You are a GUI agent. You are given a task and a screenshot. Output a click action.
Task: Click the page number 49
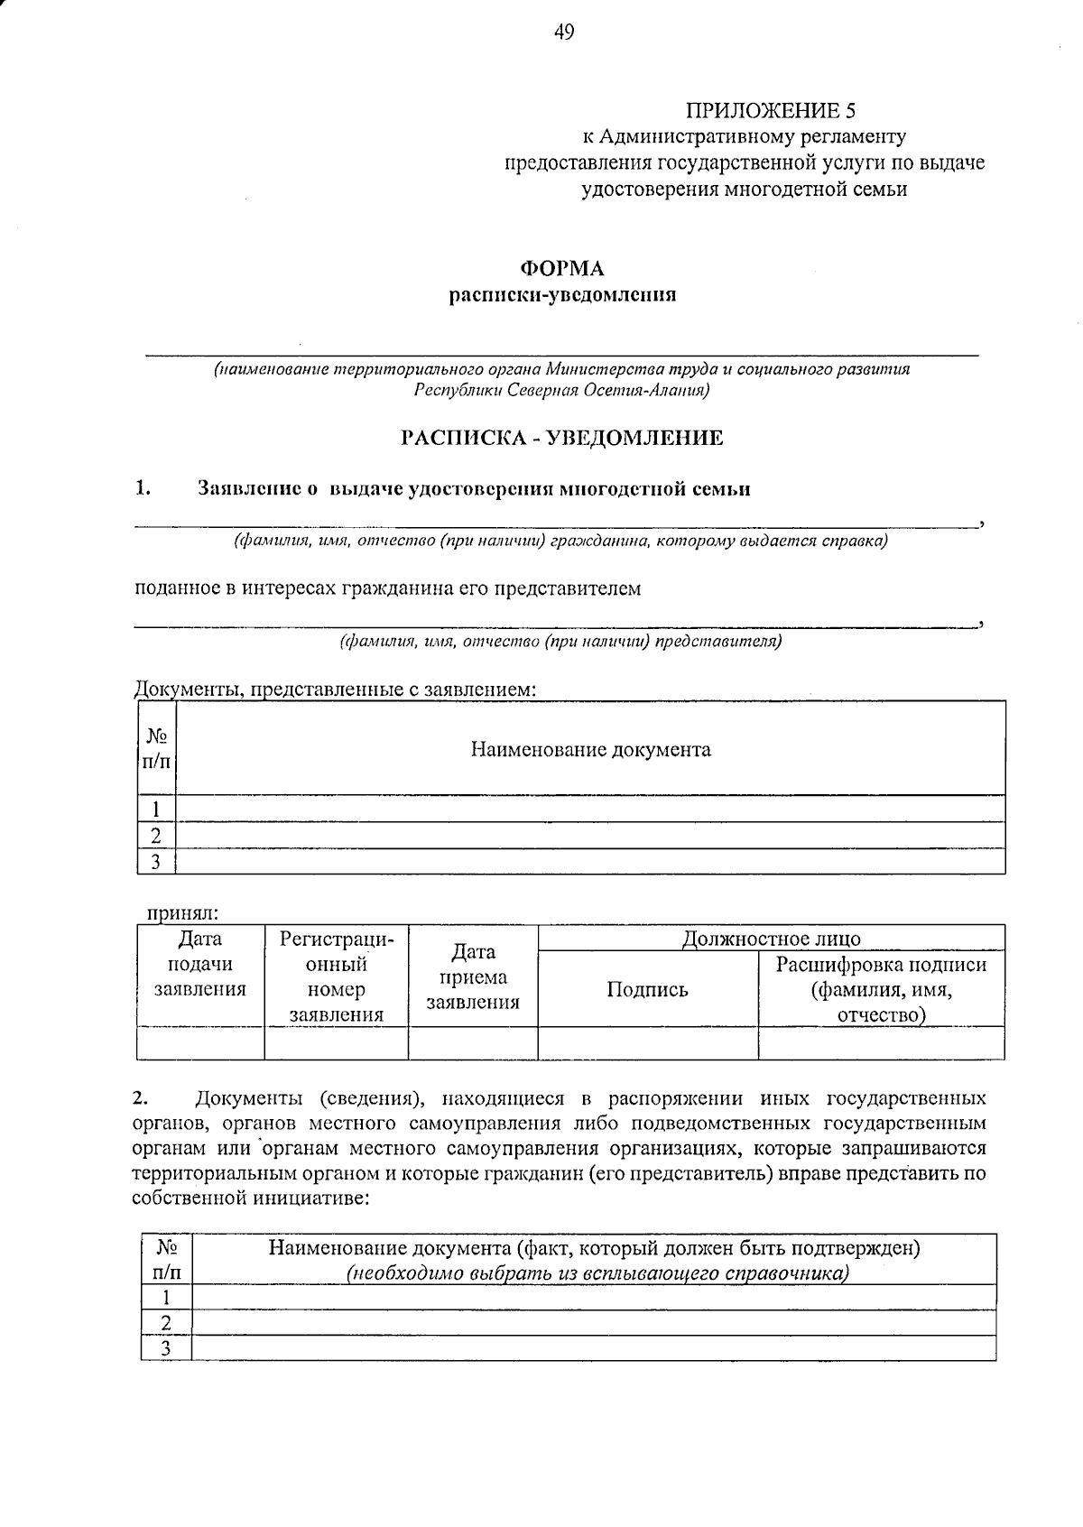pyautogui.click(x=563, y=33)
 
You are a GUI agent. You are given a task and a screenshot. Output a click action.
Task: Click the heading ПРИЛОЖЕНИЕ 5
pyautogui.click(x=769, y=111)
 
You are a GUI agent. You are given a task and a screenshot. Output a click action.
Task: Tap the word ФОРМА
pyautogui.click(x=562, y=269)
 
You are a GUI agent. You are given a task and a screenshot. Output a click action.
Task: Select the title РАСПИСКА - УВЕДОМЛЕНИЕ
pyautogui.click(x=562, y=439)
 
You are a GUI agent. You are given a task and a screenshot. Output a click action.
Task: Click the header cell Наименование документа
pyautogui.click(x=590, y=750)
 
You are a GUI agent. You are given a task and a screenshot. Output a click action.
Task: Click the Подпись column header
pyautogui.click(x=647, y=990)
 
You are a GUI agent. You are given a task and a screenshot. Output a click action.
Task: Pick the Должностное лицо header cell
pyautogui.click(x=771, y=939)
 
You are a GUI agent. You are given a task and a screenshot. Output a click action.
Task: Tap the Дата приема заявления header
pyautogui.click(x=472, y=977)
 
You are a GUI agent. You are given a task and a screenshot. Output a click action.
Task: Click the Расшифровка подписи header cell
pyautogui.click(x=881, y=990)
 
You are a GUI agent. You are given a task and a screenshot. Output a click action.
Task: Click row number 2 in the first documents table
pyautogui.click(x=155, y=836)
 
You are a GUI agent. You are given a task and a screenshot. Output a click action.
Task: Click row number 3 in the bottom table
pyautogui.click(x=165, y=1349)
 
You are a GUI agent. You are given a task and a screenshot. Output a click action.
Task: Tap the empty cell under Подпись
pyautogui.click(x=647, y=1043)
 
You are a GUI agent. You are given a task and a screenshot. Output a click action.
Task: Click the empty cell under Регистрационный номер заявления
pyautogui.click(x=336, y=1043)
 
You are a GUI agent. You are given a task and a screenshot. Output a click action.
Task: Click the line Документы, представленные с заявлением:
pyautogui.click(x=335, y=689)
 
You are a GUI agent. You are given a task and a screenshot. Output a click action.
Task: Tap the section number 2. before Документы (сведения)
pyautogui.click(x=139, y=1099)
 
